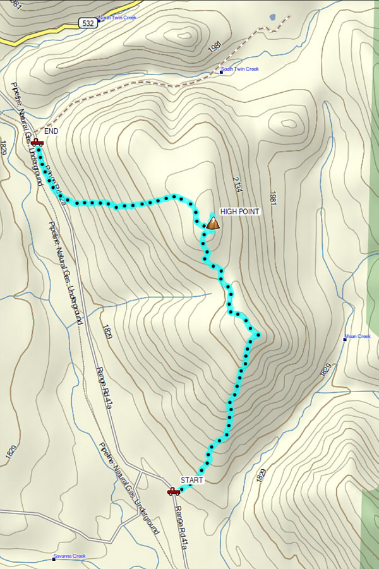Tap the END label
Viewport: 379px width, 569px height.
pyautogui.click(x=51, y=131)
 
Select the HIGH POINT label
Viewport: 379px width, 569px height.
pyautogui.click(x=239, y=212)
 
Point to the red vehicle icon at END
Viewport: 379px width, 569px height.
pyautogui.click(x=37, y=143)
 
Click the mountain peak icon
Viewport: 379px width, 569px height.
pyautogui.click(x=214, y=223)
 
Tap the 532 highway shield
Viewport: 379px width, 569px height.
pyautogui.click(x=88, y=23)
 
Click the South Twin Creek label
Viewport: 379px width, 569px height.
pyautogui.click(x=241, y=69)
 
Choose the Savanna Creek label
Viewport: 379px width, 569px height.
pyautogui.click(x=70, y=556)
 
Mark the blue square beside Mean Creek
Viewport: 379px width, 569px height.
pyautogui.click(x=345, y=339)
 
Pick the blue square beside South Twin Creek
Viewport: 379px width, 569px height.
pyautogui.click(x=222, y=71)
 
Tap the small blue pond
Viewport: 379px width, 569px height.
pyautogui.click(x=272, y=17)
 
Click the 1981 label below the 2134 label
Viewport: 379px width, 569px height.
pyautogui.click(x=273, y=202)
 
